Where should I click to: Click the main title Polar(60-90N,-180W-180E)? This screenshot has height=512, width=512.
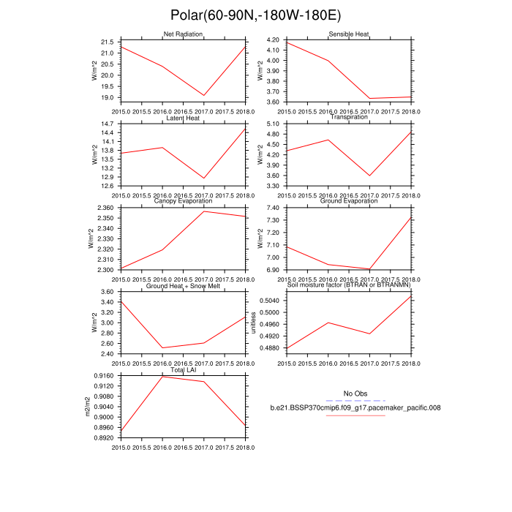pos(255,15)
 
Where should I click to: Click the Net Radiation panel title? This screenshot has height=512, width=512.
pos(183,34)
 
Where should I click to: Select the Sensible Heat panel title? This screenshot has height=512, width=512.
pos(348,34)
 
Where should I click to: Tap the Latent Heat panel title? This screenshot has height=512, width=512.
pos(183,118)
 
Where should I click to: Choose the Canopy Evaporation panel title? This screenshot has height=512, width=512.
pos(183,201)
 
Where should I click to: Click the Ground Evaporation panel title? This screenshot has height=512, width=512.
pos(348,201)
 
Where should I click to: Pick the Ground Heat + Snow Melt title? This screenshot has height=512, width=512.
pos(183,286)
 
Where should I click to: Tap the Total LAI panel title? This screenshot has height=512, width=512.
pos(183,370)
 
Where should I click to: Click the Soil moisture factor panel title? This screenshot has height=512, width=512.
pos(348,286)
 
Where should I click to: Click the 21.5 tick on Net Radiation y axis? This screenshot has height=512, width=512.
pos(107,42)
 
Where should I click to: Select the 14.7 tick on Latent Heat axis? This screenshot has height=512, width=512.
pos(107,124)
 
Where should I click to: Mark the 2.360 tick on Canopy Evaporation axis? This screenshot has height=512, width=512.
pos(104,208)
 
